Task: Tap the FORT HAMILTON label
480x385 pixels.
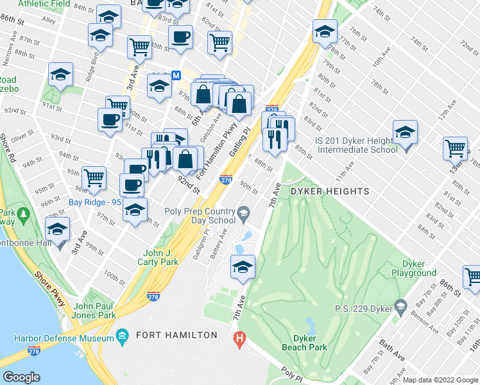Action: point(176,335)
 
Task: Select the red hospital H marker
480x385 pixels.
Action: point(240,338)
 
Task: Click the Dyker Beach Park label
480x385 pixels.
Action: point(305,343)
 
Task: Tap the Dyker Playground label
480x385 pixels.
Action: point(419,268)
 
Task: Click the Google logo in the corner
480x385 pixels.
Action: point(22,377)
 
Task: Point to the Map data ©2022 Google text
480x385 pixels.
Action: point(440,380)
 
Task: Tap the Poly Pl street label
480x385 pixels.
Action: point(293,373)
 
